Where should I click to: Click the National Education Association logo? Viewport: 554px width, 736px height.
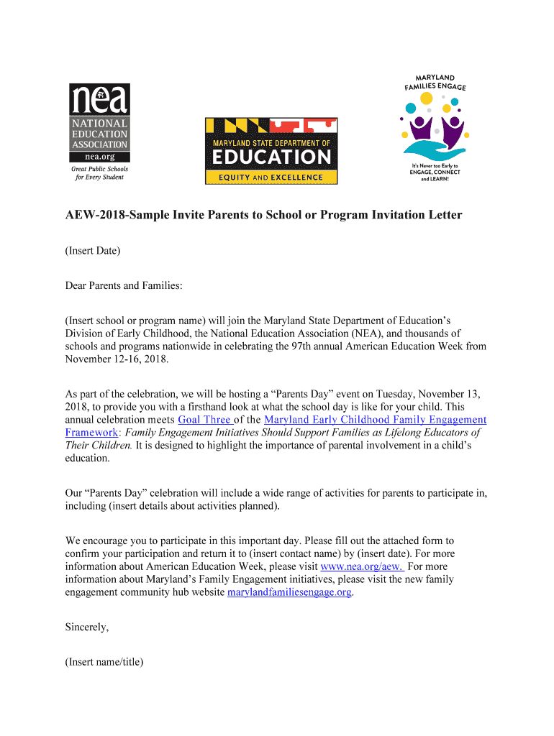pos(99,122)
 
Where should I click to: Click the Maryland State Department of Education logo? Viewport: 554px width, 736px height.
pos(271,152)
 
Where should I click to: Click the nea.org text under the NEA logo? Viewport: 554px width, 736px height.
pos(99,156)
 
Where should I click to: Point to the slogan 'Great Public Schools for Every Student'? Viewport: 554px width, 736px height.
pos(99,172)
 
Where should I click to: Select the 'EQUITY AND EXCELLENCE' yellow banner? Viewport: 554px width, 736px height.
pos(271,178)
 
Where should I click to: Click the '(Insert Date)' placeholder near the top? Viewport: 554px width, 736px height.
pos(93,251)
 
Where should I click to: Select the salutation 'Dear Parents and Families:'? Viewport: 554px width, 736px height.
pos(124,285)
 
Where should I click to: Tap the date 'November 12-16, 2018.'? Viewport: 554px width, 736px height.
pos(117,359)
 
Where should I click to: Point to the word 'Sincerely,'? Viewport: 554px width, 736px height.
pos(87,627)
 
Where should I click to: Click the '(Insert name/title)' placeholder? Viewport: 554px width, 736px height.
pos(104,662)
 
